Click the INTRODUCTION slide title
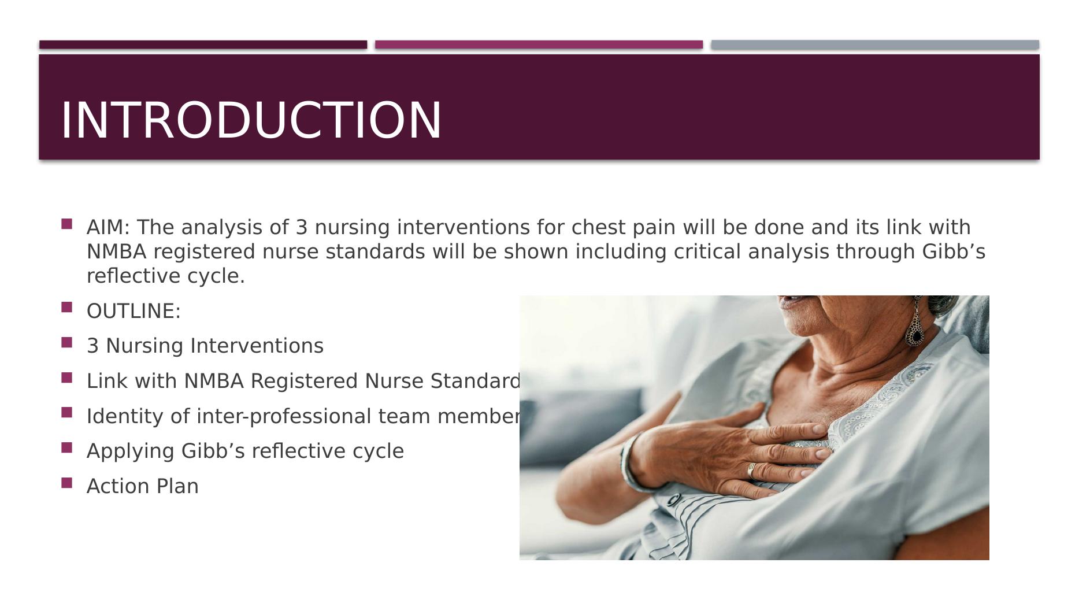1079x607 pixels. click(x=251, y=120)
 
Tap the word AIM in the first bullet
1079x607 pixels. click(x=105, y=227)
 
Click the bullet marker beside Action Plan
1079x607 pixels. click(x=66, y=483)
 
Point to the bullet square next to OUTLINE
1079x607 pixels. click(x=66, y=307)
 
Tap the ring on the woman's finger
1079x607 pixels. click(x=751, y=470)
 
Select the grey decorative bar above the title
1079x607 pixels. click(x=874, y=45)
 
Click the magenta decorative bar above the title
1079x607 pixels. click(x=539, y=45)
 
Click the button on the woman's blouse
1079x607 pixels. click(x=673, y=499)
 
